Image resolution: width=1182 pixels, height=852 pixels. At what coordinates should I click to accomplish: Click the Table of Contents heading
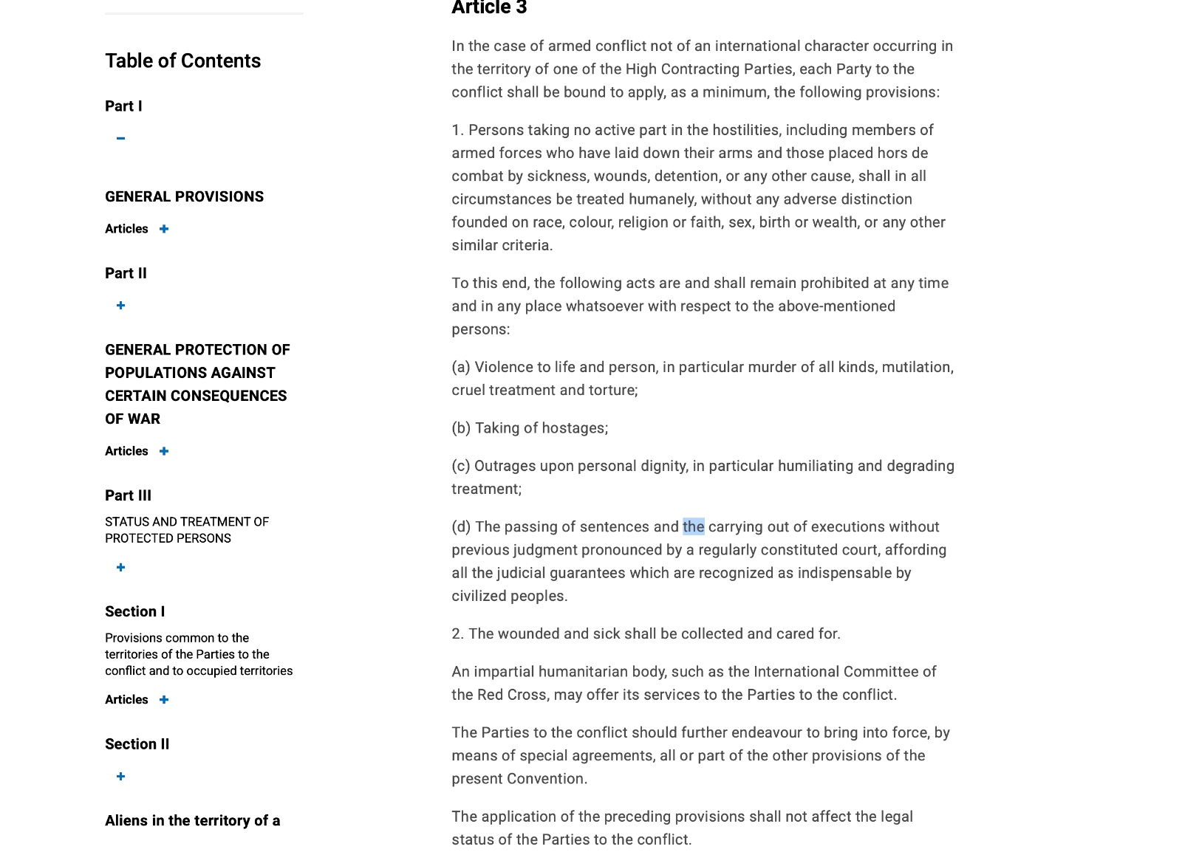point(182,61)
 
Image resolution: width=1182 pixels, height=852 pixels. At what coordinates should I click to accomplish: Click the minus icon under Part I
point(120,138)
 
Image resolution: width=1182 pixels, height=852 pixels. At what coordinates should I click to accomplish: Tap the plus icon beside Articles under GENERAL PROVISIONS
point(164,229)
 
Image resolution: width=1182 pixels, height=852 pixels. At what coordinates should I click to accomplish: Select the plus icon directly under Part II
point(120,306)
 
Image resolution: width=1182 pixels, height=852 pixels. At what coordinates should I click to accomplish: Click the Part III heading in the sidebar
point(128,495)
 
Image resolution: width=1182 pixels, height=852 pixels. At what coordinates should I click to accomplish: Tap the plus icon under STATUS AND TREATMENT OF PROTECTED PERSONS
point(120,568)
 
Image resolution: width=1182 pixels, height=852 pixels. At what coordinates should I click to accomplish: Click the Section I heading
point(134,611)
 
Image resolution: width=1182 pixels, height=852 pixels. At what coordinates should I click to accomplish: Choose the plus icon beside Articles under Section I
point(164,700)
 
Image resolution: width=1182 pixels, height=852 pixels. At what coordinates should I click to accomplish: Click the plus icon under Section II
point(120,777)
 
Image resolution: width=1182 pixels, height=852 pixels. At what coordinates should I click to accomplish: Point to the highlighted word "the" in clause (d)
point(693,526)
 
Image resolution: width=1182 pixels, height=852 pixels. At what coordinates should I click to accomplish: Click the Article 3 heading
point(489,8)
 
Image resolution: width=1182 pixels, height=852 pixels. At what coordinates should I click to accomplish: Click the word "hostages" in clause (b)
point(576,428)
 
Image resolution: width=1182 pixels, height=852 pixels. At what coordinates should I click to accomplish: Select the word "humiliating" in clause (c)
point(816,466)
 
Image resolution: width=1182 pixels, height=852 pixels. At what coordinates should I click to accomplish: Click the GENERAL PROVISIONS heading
point(184,196)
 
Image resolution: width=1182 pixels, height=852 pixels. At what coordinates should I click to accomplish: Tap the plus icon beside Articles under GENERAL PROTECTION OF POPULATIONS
point(164,451)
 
